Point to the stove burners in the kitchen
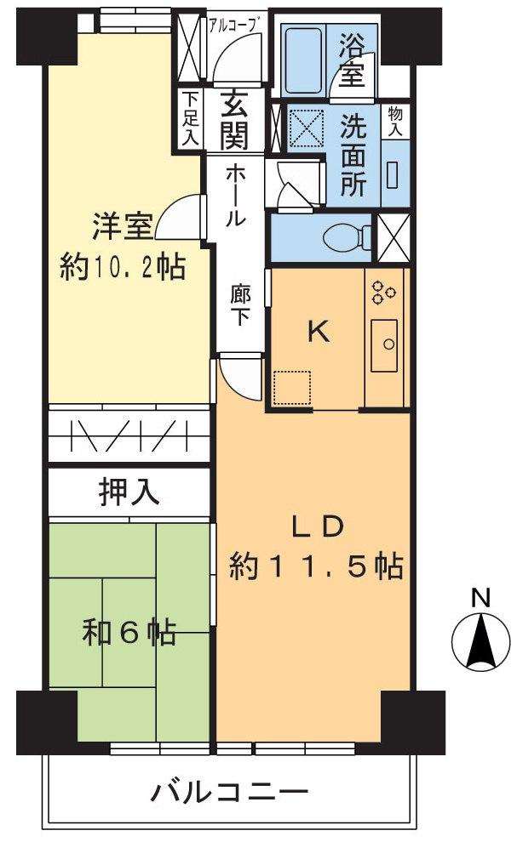tap(383, 292)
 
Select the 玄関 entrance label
tap(235, 121)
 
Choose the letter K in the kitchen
tap(319, 333)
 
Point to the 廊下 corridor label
tap(240, 304)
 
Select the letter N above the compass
tap(481, 598)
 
